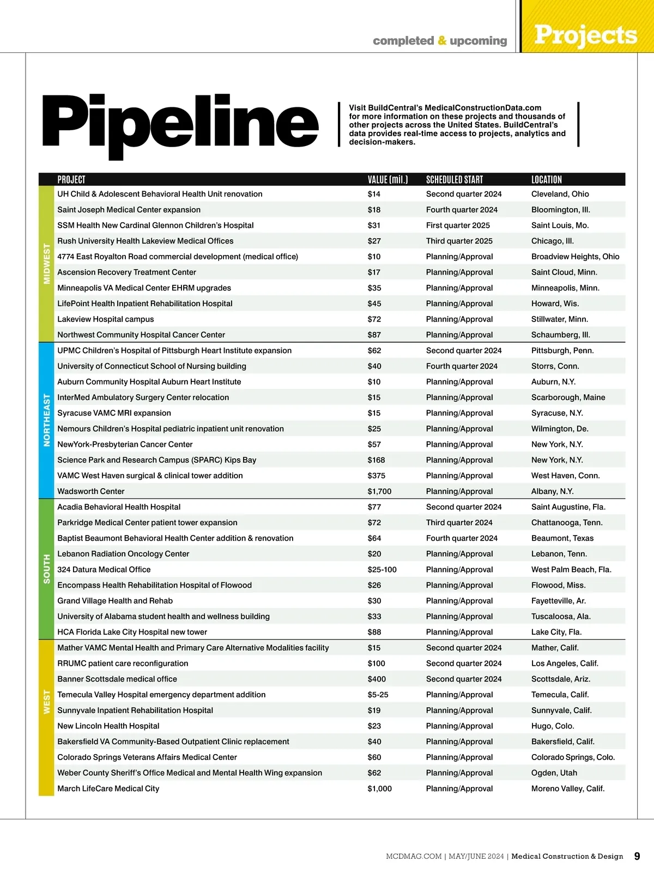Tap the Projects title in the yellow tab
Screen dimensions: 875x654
(x=585, y=35)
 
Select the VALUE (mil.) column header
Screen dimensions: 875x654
(x=387, y=179)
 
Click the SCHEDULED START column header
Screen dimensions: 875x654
(x=454, y=179)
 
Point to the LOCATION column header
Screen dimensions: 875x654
(x=546, y=179)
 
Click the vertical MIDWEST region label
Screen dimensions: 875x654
(x=47, y=264)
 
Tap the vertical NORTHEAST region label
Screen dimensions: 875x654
(x=47, y=420)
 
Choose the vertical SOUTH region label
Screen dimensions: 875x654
(x=47, y=569)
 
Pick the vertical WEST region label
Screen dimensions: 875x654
(x=47, y=702)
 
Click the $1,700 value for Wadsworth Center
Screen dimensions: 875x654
(x=379, y=491)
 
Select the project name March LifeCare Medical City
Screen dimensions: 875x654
(x=108, y=788)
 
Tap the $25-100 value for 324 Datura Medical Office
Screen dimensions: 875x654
(x=382, y=569)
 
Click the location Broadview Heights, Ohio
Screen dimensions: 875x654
(x=575, y=257)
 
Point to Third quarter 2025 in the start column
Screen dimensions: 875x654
(x=459, y=241)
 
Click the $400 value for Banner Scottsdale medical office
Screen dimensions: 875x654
(x=377, y=679)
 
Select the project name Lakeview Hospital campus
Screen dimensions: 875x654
(x=106, y=319)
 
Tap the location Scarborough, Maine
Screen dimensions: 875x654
(x=568, y=398)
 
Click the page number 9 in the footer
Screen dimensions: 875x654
(x=637, y=856)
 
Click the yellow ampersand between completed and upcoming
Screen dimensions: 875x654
(x=441, y=41)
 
